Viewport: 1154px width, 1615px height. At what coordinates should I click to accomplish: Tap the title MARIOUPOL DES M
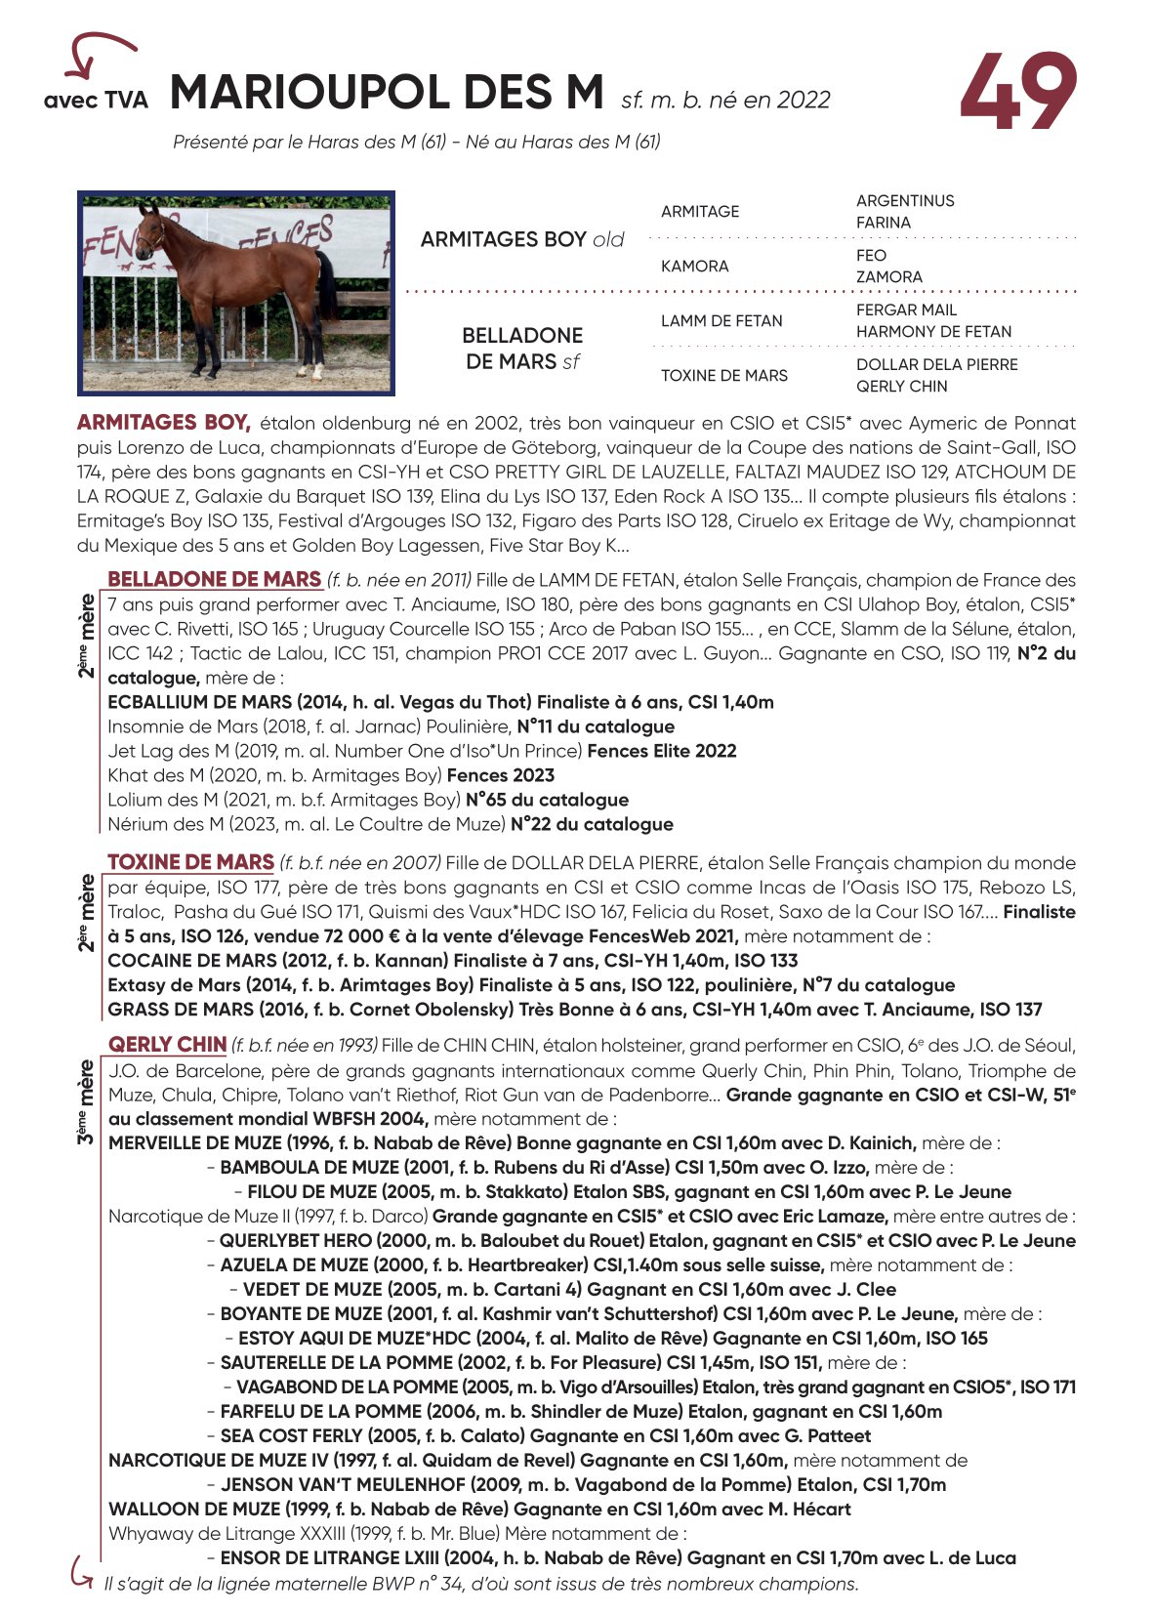(x=387, y=93)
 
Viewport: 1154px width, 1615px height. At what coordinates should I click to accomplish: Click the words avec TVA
(x=96, y=100)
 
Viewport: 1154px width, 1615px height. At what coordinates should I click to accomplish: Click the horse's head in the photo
(x=149, y=228)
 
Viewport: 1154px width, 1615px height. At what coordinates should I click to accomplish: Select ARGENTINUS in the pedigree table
(x=905, y=201)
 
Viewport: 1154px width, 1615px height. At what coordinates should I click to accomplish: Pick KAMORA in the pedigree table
(x=694, y=266)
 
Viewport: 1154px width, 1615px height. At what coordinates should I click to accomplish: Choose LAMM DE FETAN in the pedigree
(x=721, y=320)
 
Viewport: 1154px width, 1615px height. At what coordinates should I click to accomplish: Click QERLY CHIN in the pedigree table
(x=901, y=386)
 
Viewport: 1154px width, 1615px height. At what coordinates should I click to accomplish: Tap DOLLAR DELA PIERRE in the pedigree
(x=936, y=364)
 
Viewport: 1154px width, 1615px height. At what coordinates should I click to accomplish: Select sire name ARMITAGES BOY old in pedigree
(x=522, y=239)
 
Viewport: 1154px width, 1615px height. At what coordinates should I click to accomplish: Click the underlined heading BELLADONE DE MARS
(x=214, y=579)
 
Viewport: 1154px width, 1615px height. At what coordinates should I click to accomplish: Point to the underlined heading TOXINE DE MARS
(x=190, y=862)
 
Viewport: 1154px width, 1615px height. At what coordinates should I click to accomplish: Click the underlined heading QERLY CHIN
(x=167, y=1045)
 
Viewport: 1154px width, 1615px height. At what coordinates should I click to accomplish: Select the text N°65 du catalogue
(x=547, y=800)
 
